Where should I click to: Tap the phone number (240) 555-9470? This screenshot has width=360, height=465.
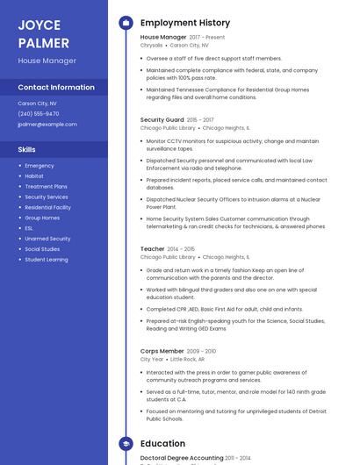click(39, 113)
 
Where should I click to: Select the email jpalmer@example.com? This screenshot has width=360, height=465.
click(47, 124)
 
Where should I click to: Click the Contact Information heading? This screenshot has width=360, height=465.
click(56, 87)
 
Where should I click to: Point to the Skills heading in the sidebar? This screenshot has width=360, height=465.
click(27, 150)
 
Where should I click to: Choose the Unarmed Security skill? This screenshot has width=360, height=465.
click(47, 239)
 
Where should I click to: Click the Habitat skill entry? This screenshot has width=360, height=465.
click(34, 175)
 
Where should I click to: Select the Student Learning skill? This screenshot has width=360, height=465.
click(47, 260)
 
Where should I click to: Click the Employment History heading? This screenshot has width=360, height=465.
click(185, 23)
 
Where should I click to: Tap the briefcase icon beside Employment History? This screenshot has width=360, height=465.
click(126, 23)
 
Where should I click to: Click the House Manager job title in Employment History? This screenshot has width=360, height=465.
click(163, 37)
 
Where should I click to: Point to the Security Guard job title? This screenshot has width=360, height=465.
click(162, 119)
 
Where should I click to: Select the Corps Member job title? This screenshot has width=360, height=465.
click(162, 351)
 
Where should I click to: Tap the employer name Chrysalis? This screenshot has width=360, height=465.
click(152, 45)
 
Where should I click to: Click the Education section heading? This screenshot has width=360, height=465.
click(162, 444)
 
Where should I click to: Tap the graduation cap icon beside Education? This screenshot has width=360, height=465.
click(126, 444)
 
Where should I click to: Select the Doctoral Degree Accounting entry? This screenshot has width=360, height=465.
click(182, 458)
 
